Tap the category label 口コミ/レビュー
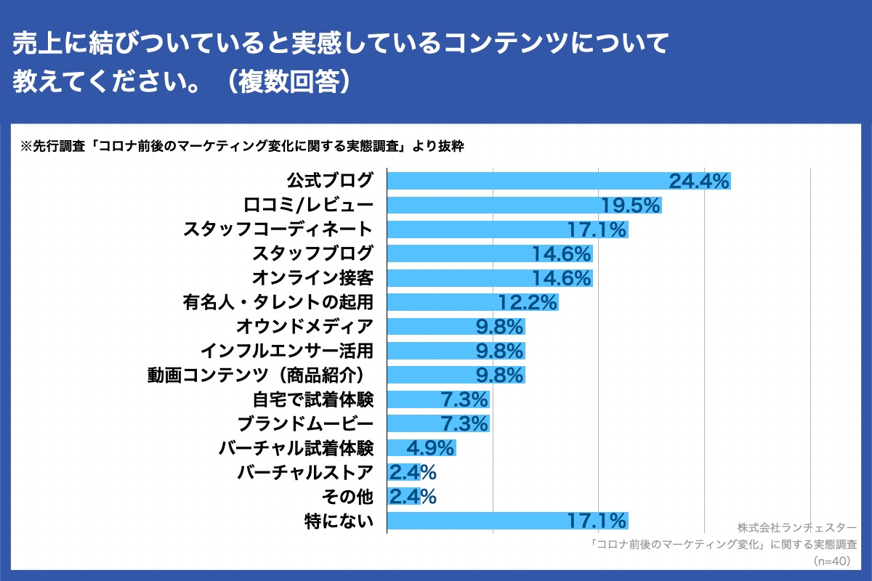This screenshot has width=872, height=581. (310, 206)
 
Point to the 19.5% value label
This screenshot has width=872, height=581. (631, 206)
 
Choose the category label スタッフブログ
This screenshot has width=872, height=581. (312, 254)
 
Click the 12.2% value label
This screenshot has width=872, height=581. (528, 302)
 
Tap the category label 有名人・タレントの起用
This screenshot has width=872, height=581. (278, 302)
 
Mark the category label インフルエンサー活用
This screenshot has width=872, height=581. (286, 351)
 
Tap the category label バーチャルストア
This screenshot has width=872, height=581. (305, 472)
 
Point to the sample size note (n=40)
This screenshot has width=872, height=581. (836, 561)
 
